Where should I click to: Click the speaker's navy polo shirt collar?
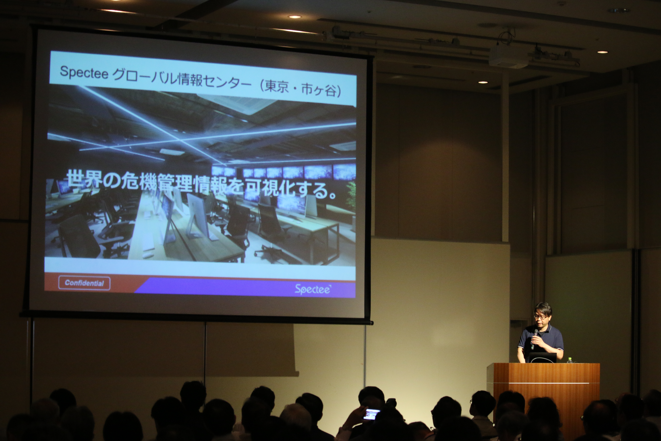coord(544,328)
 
